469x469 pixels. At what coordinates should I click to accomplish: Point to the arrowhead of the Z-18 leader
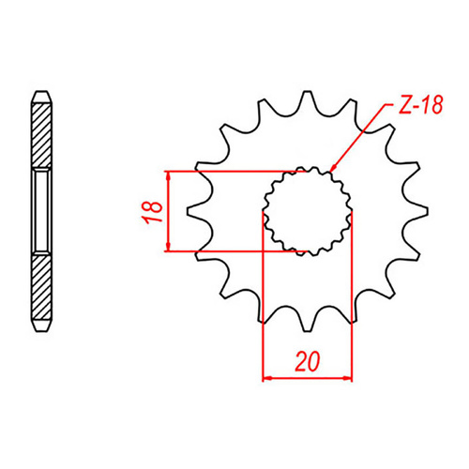(x=335, y=170)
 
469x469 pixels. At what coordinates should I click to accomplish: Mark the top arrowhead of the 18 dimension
(x=167, y=176)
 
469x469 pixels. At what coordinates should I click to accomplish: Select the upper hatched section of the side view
(x=41, y=131)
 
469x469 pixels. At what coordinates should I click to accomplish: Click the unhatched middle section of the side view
(x=41, y=210)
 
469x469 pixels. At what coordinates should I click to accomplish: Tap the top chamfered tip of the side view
(x=41, y=95)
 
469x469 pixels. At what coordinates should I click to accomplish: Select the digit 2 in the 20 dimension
(x=298, y=361)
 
